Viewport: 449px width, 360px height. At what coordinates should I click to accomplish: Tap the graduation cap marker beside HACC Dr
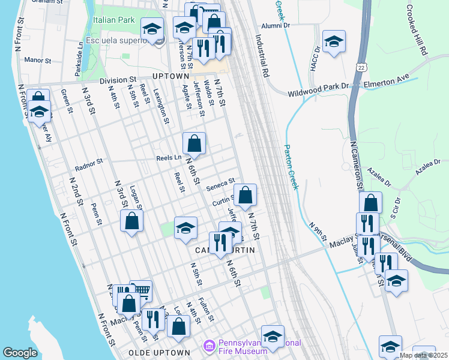pyautogui.click(x=334, y=41)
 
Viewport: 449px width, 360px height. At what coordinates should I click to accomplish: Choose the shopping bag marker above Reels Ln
pyautogui.click(x=194, y=143)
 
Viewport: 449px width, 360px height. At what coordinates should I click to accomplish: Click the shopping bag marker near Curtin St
pyautogui.click(x=245, y=195)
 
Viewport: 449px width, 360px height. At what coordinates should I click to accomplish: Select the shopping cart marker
pyautogui.click(x=140, y=292)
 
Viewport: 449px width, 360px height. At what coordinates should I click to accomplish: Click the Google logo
pyautogui.click(x=20, y=353)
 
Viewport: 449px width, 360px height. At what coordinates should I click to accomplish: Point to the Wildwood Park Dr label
pyautogui.click(x=318, y=90)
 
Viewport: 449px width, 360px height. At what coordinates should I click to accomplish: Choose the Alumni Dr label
pyautogui.click(x=276, y=26)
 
